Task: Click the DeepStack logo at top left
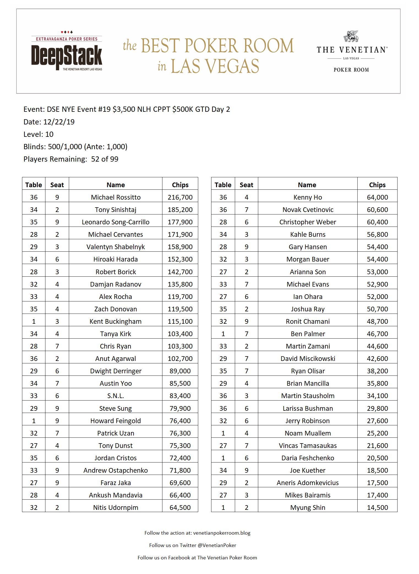pos(67,51)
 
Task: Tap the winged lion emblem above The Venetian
pos(351,36)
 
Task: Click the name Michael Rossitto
pos(116,197)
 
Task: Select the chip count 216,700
pos(180,197)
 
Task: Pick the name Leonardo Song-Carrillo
pos(116,222)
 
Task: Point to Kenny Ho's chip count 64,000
pos(377,197)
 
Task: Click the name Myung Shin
pos(308,508)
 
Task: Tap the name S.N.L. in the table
pos(116,396)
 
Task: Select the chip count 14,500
pos(377,508)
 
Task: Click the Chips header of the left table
pos(180,185)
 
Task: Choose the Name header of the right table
pos(307,185)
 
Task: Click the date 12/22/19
pos(59,122)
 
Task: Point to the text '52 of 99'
pos(105,159)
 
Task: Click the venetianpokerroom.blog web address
pos(222,533)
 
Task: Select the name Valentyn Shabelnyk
pos(116,247)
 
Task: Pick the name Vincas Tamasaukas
pos(308,446)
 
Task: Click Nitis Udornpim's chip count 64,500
pos(180,508)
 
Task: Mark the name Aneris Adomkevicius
pos(308,483)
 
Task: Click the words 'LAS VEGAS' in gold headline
pos(215,66)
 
